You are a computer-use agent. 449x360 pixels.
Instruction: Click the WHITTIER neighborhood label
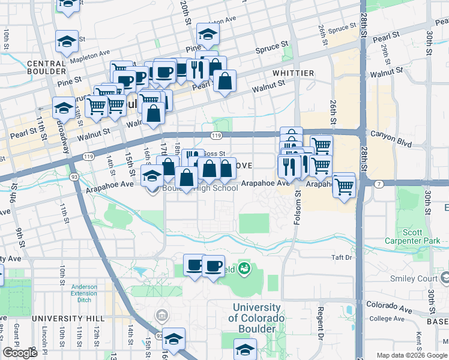292,73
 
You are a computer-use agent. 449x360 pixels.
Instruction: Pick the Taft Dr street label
340,257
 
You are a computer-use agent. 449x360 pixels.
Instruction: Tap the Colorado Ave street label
389,308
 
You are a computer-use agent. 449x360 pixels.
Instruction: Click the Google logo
20,353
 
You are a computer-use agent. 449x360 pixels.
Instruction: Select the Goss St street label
214,154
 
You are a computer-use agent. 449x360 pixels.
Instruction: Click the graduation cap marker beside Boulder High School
151,177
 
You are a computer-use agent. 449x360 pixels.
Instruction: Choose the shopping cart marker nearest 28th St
344,187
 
